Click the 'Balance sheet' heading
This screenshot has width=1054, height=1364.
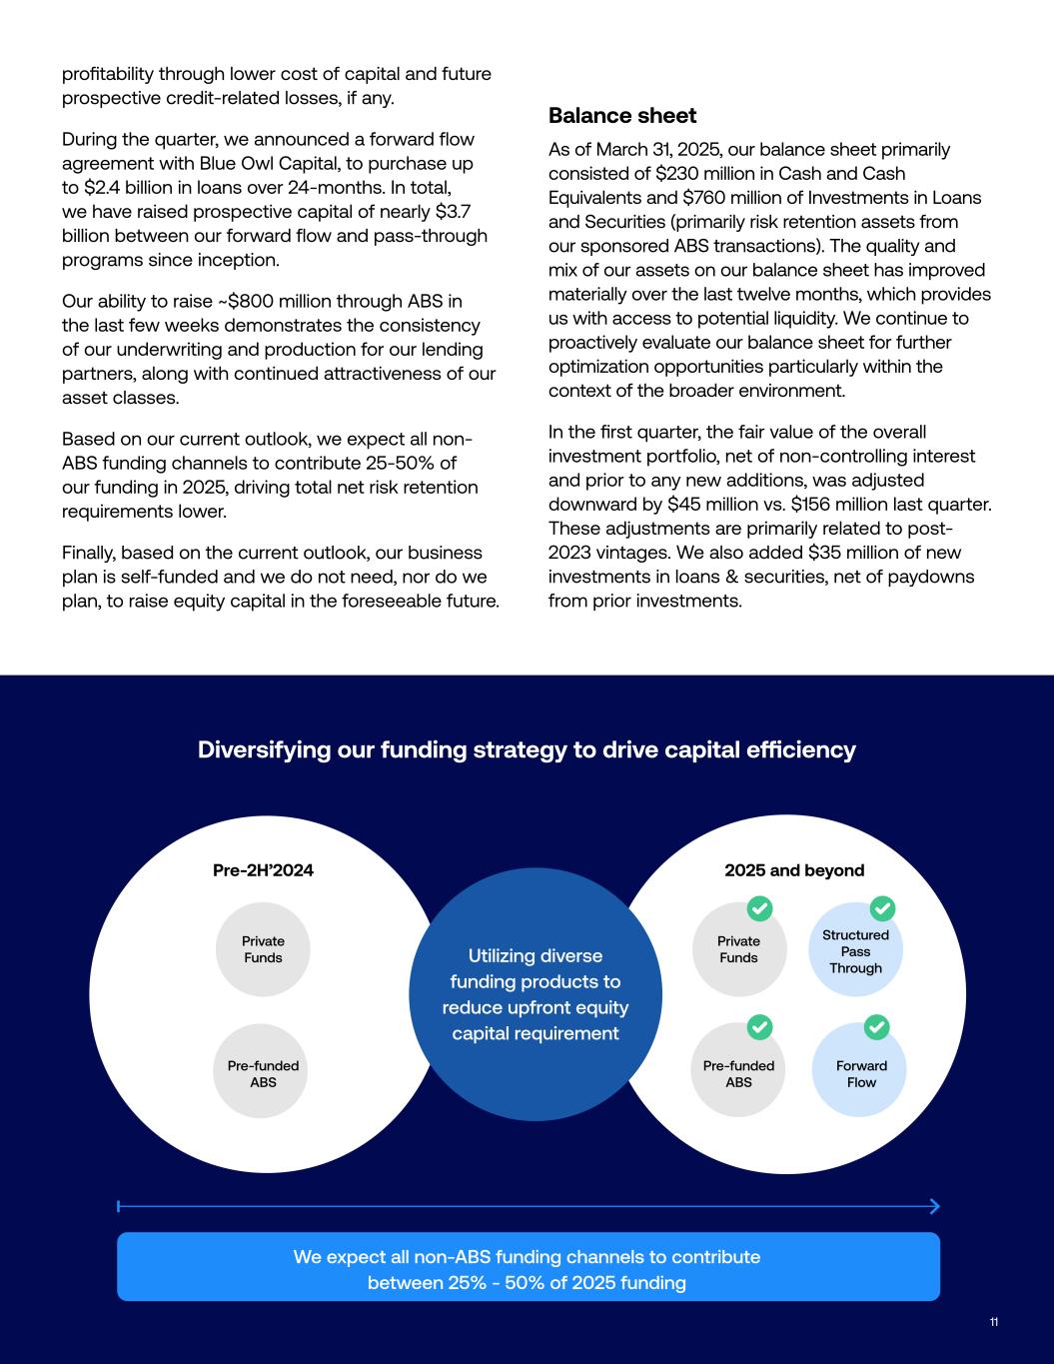[x=622, y=116]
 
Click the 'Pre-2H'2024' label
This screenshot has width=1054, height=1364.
[x=263, y=870]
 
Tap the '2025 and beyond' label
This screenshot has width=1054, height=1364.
[x=794, y=870]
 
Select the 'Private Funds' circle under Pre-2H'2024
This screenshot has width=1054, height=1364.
[x=263, y=949]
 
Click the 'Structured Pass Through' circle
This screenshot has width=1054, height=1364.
[x=855, y=951]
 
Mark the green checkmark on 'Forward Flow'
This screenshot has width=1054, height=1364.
[x=876, y=1026]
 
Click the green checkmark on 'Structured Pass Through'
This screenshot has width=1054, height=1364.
[x=882, y=908]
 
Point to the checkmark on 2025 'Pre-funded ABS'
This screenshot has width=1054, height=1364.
[x=760, y=1026]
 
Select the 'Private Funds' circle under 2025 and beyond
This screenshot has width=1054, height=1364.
[x=738, y=949]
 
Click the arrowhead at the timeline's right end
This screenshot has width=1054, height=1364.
[x=935, y=1206]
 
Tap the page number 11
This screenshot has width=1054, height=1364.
[x=994, y=1322]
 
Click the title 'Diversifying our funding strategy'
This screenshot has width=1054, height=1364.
[x=527, y=750]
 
